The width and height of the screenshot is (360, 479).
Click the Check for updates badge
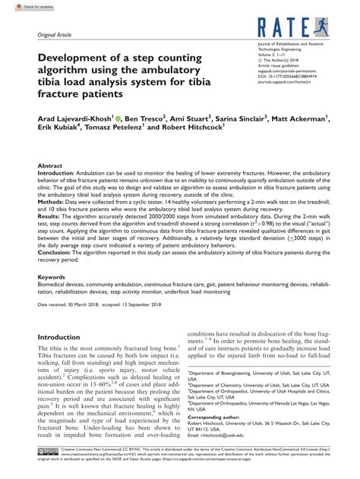pyautogui.click(x=24, y=6)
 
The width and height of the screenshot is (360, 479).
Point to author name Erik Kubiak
pyautogui.click(x=60, y=131)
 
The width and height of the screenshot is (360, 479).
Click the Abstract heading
pyautogui.click(x=51, y=164)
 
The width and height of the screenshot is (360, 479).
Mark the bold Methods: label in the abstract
pyautogui.click(x=55, y=202)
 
